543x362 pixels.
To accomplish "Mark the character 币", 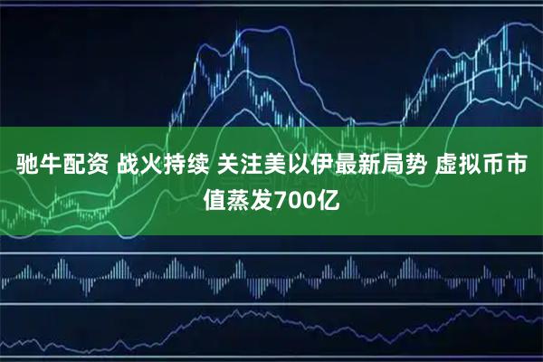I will point(507,167).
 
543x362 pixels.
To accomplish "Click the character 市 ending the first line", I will point(531,167).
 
